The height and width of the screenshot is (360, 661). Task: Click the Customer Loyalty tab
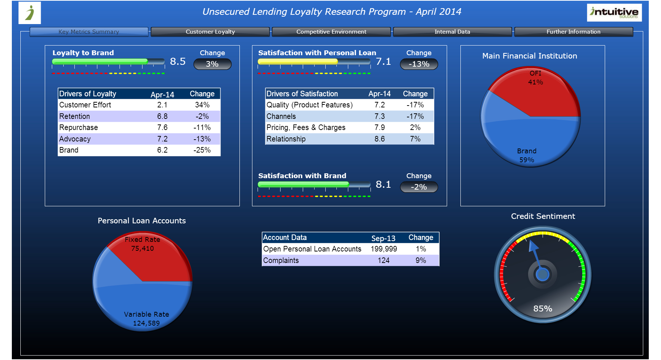210,32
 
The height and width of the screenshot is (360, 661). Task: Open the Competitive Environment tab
331,32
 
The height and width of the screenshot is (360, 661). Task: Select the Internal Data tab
452,32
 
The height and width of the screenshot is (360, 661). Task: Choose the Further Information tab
573,32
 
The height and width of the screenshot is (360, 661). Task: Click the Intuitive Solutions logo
614,13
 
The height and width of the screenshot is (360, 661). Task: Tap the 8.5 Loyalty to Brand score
178,61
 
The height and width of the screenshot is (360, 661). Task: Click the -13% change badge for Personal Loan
419,64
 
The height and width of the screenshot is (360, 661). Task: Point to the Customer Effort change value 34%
202,105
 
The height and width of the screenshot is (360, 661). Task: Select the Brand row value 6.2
162,150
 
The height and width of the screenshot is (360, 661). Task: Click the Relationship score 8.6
379,139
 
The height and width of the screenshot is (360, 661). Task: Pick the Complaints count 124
383,261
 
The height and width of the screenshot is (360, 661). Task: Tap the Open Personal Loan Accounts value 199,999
384,249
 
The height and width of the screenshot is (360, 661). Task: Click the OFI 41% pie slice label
535,78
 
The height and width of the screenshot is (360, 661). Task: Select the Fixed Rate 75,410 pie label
142,244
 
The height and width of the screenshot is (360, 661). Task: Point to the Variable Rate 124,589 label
147,319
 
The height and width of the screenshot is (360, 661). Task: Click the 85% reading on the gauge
543,309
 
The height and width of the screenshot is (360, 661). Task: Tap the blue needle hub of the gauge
543,274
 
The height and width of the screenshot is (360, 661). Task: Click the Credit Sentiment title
543,216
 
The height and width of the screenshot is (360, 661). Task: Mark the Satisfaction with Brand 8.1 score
383,184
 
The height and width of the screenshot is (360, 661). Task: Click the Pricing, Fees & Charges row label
306,128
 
